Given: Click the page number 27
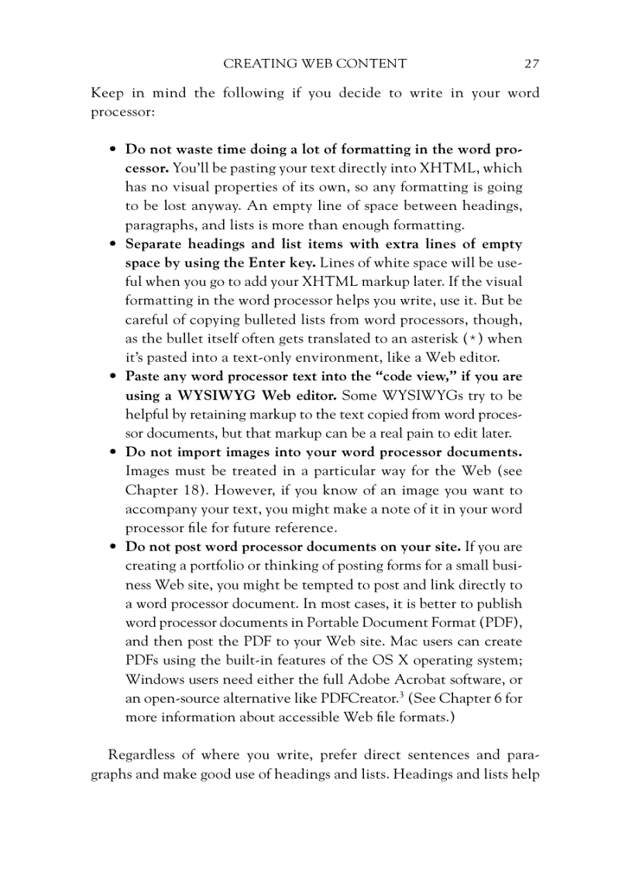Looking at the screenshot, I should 531,64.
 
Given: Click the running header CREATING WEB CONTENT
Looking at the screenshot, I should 314,64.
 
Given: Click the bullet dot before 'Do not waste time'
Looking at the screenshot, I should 113,150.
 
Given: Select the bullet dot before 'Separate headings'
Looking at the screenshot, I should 113,244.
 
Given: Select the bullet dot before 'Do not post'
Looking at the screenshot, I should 113,547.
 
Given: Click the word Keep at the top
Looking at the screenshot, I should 107,93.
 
